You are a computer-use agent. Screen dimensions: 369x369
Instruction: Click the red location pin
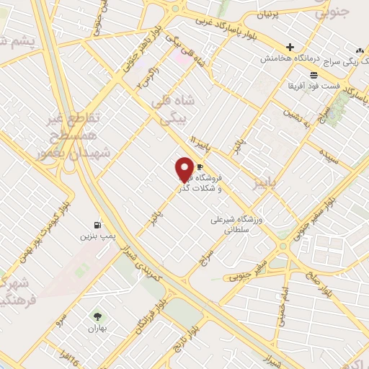click(184, 169)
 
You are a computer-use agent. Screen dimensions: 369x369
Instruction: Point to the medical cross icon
click(289, 47)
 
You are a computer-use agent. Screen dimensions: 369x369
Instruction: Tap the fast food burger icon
click(314, 74)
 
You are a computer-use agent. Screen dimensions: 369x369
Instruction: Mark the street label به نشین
click(296, 115)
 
